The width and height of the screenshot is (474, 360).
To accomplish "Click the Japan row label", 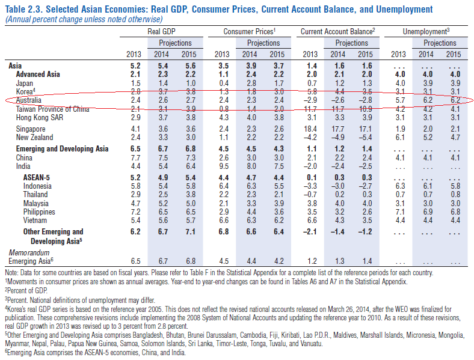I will pyautogui.click(x=25, y=82).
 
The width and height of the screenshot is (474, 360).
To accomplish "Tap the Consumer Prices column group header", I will pyautogui.click(x=249, y=30).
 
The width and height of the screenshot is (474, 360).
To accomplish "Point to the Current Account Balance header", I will pyautogui.click(x=337, y=30).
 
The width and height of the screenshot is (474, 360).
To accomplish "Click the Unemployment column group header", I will pyautogui.click(x=425, y=30).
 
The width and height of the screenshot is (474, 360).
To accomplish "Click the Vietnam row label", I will pyautogui.click(x=34, y=221).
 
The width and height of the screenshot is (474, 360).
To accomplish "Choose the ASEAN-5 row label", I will pyautogui.click(x=38, y=178).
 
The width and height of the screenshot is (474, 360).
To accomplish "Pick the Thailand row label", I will pyautogui.click(x=35, y=195).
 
